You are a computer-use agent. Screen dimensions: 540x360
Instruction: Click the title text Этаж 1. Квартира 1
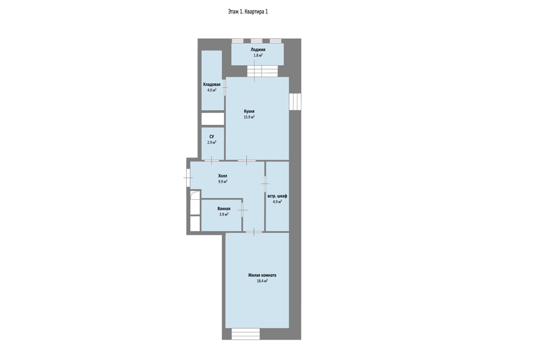[247, 12]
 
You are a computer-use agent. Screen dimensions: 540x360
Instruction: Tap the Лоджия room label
[258, 49]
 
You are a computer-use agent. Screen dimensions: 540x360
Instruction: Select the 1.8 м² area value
[258, 55]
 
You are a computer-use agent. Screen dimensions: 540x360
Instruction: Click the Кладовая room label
[212, 84]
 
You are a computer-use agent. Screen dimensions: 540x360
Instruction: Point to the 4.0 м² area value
[212, 90]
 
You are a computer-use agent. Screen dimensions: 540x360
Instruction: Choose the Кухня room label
[249, 111]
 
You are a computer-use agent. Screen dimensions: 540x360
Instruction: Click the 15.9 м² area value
[249, 117]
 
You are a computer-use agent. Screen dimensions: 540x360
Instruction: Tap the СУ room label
[212, 137]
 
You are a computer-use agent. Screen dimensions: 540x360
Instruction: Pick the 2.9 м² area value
[212, 142]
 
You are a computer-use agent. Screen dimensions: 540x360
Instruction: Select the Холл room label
[223, 175]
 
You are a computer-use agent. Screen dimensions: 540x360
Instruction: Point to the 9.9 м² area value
[223, 182]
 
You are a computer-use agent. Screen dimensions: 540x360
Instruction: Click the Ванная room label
[224, 209]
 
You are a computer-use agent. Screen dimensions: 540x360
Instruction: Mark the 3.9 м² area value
[224, 214]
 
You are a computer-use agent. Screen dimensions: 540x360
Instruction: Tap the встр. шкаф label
[277, 196]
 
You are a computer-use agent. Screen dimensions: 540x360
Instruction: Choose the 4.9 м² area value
[277, 202]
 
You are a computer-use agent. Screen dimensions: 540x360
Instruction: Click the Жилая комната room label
[262, 275]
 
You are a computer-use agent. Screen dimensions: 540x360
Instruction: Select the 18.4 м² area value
[262, 281]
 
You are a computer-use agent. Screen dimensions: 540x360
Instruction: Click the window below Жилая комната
[246, 334]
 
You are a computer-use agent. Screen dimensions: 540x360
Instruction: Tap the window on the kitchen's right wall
[295, 102]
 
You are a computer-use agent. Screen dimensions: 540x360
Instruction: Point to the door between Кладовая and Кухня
[225, 88]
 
